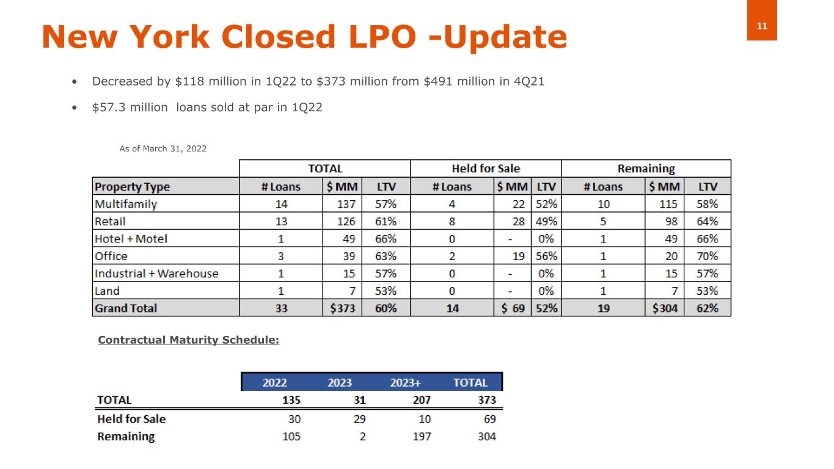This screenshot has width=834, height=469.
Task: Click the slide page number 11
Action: click(x=762, y=26)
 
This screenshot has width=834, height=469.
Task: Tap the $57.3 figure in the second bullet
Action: click(x=106, y=107)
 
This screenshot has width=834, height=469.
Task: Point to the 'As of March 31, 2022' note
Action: click(x=163, y=148)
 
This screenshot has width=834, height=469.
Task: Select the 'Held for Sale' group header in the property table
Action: click(x=486, y=169)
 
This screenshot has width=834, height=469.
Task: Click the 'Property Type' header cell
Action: click(x=133, y=186)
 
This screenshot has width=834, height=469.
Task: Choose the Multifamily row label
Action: click(x=126, y=204)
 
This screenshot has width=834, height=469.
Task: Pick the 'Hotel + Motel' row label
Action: click(x=131, y=239)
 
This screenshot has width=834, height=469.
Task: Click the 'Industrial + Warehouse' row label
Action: click(x=156, y=274)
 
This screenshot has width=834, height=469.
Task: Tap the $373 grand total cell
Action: click(x=342, y=308)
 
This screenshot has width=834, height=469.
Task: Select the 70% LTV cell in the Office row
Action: click(x=707, y=256)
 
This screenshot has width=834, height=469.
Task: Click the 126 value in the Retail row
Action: click(x=346, y=221)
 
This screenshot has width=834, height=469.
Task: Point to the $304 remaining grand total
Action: click(x=665, y=308)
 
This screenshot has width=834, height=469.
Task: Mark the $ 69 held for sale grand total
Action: click(x=513, y=308)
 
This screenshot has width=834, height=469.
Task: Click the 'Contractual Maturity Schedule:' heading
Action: click(x=188, y=340)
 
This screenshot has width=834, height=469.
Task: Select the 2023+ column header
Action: click(x=405, y=383)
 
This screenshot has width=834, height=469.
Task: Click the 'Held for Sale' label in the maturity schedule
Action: click(x=131, y=419)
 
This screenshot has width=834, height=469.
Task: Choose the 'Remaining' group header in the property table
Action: click(x=645, y=169)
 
